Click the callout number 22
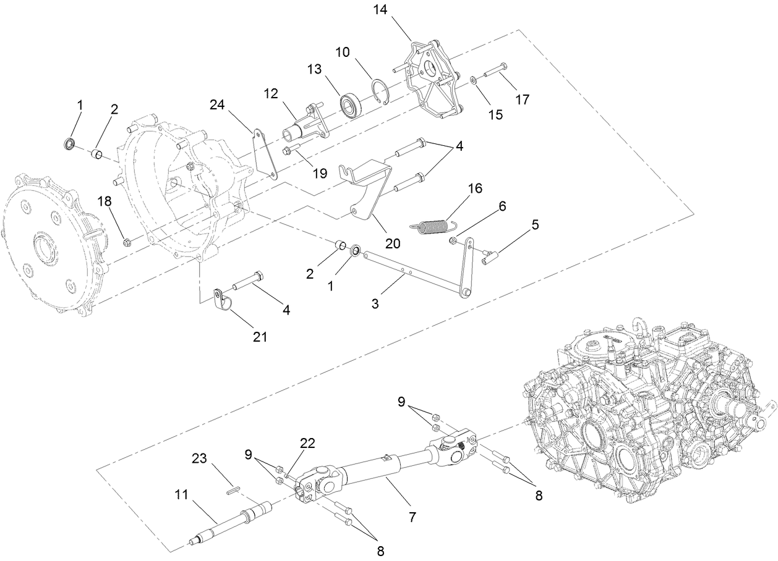tap(307, 443)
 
